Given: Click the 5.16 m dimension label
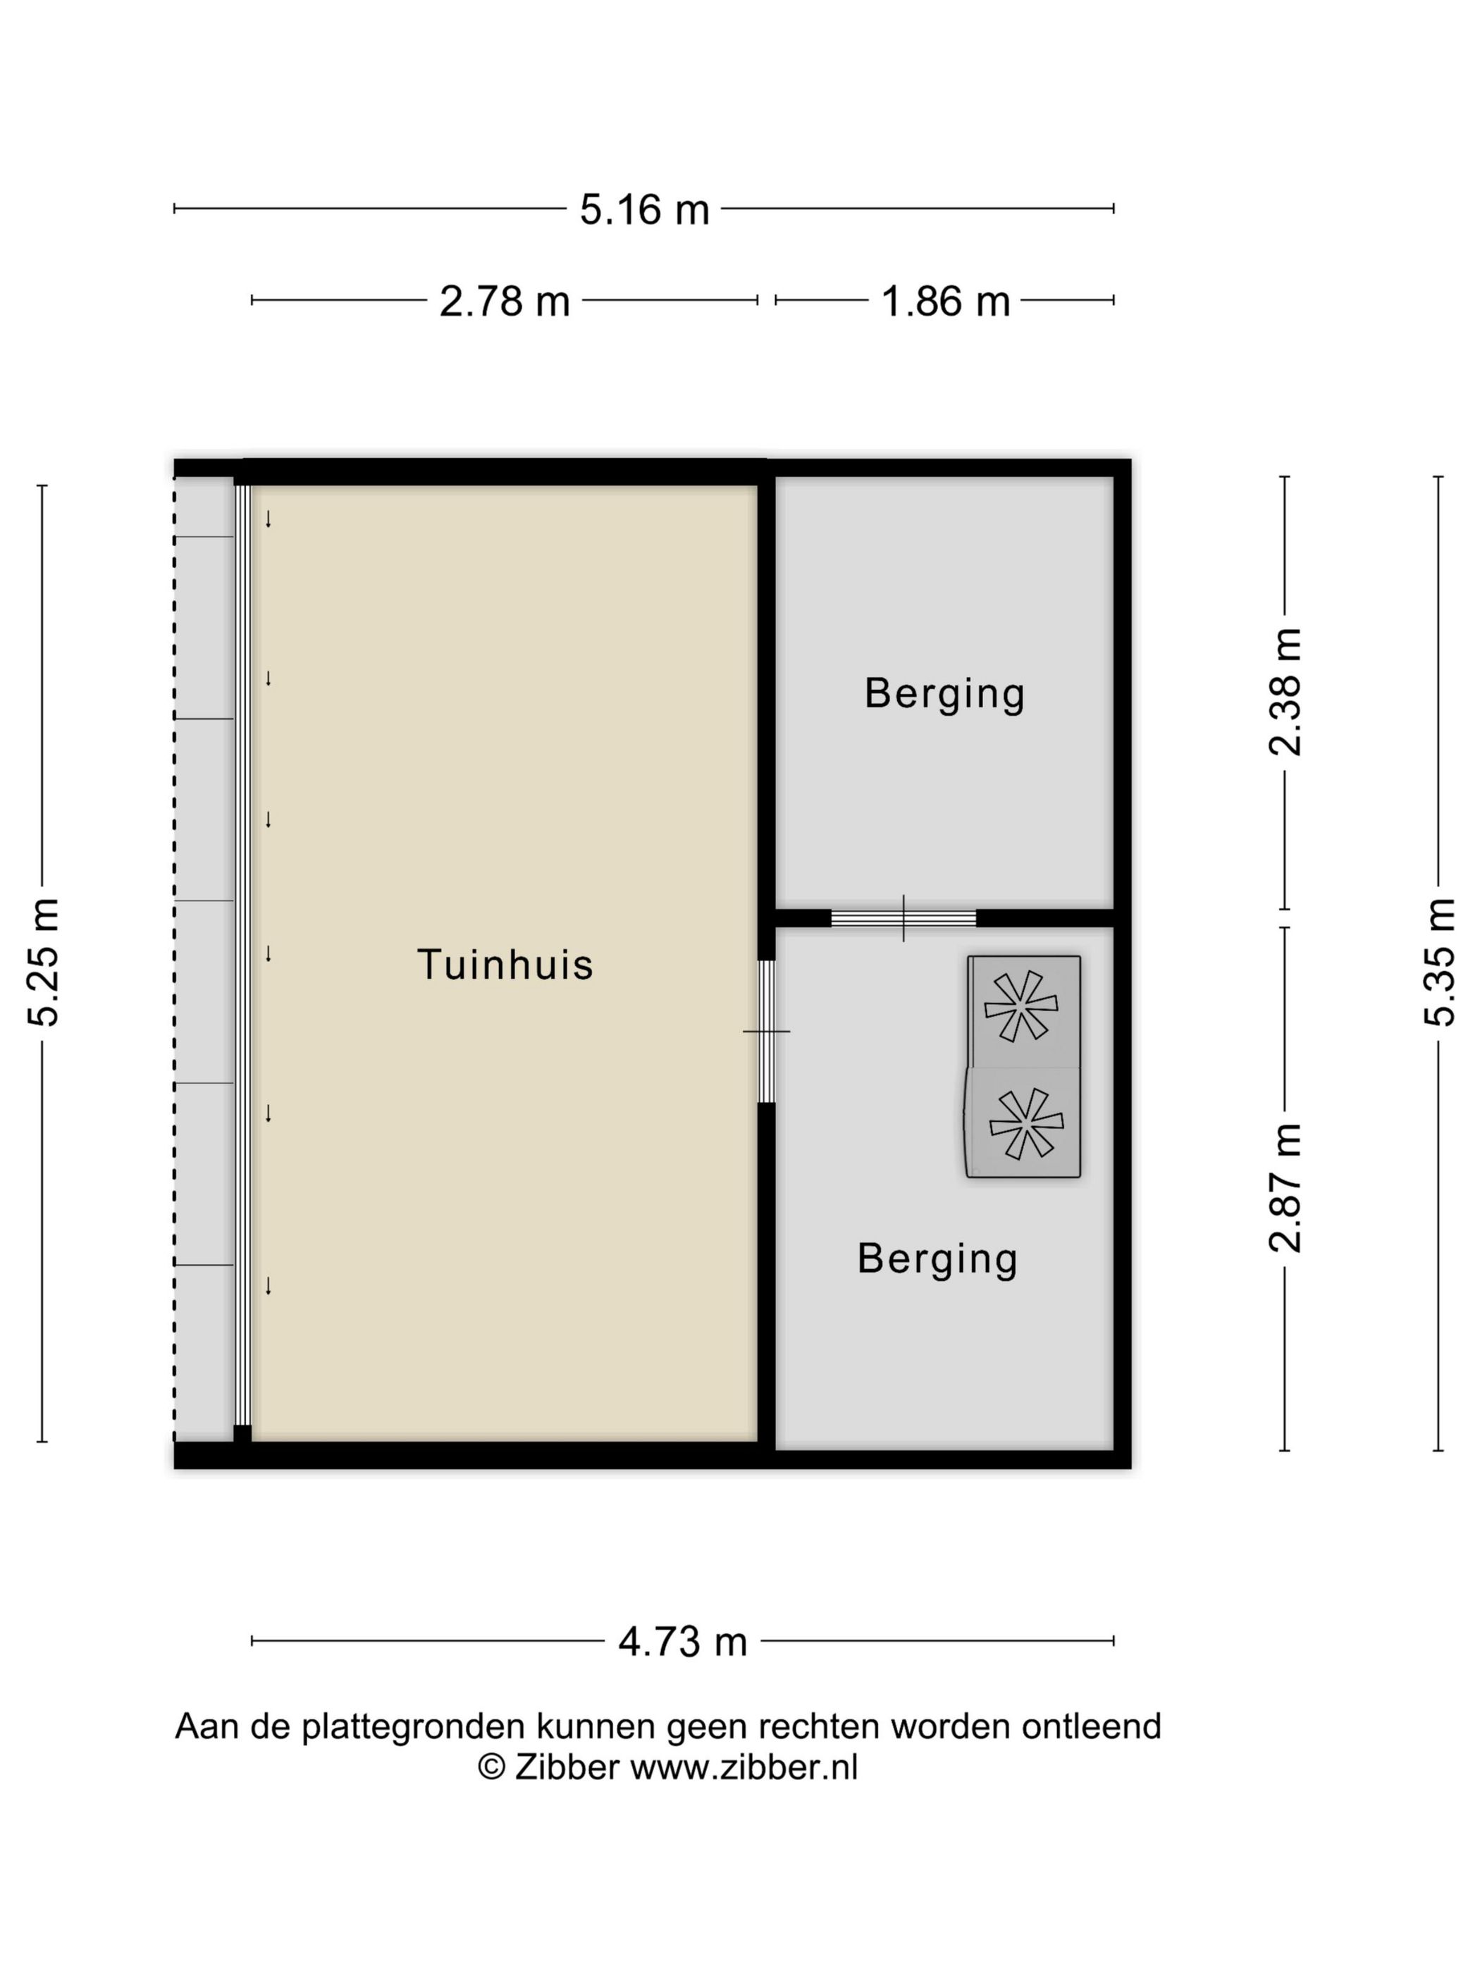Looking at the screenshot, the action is [x=644, y=209].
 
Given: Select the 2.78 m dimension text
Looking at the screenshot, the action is [x=504, y=302].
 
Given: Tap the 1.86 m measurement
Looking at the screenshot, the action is [x=945, y=302].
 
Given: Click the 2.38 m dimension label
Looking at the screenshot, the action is [x=1285, y=692].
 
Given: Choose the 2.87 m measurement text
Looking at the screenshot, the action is [x=1285, y=1188].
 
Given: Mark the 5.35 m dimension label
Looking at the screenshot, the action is [x=1439, y=963].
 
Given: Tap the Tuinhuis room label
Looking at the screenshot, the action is [x=505, y=964].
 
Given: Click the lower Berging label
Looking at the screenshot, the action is [x=937, y=1259].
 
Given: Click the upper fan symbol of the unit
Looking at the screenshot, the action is [x=1020, y=1006].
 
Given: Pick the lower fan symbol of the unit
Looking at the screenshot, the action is [x=1026, y=1123].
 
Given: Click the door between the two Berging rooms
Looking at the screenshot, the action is [x=904, y=918].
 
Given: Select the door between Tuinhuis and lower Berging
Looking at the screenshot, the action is [x=766, y=1031].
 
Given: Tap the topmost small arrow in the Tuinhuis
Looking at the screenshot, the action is [x=268, y=519].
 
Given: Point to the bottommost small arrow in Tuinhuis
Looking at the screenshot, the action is [x=268, y=1285].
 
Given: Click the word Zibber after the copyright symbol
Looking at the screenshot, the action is [x=567, y=1767].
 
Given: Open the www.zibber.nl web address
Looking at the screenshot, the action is [x=744, y=1767].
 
